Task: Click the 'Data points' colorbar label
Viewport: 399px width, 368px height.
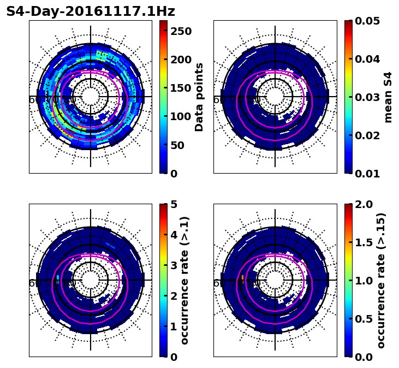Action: point(199,97)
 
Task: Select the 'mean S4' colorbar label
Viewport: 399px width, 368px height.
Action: point(388,97)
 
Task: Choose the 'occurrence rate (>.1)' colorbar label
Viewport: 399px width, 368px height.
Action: point(185,281)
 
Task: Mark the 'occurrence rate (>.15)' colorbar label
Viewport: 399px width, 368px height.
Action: point(381,281)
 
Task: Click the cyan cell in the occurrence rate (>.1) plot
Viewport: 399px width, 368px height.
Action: point(57,278)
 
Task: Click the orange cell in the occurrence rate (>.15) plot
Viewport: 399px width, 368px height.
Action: point(242,278)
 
